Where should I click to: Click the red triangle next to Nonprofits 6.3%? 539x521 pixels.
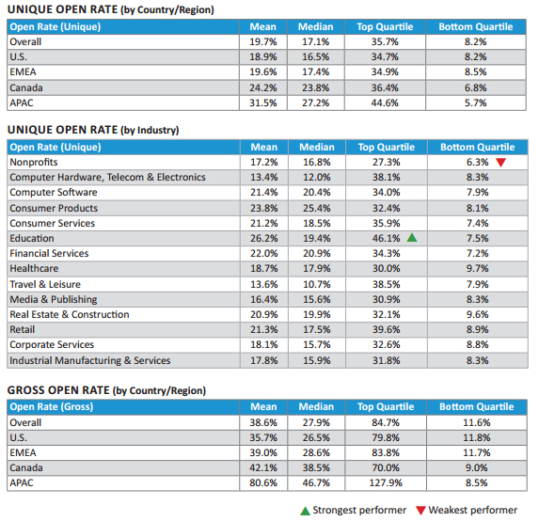500,163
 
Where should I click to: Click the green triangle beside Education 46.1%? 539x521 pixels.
412,238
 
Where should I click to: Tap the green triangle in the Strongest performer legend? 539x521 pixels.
306,511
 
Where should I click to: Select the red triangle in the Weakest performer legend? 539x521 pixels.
420,511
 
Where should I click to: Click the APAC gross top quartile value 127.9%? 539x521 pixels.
386,482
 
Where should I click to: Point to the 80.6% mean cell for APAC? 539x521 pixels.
263,482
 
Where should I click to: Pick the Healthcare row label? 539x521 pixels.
34,268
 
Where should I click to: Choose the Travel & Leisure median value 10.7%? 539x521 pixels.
317,284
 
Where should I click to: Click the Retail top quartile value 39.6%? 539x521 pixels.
387,329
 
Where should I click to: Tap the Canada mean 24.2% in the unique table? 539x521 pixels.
263,87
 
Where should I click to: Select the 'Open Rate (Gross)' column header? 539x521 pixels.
52,407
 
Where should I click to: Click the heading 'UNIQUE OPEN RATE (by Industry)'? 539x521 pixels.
93,130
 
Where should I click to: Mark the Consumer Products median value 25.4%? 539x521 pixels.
317,208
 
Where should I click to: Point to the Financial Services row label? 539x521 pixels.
49,253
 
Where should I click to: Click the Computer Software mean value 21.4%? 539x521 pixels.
264,192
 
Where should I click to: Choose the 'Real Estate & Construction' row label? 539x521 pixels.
70,314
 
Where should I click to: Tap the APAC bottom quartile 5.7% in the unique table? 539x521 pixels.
476,103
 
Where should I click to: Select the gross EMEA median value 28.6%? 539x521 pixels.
316,452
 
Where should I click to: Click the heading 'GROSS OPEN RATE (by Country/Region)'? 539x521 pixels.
106,390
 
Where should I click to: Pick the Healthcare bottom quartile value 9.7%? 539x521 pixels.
478,268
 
